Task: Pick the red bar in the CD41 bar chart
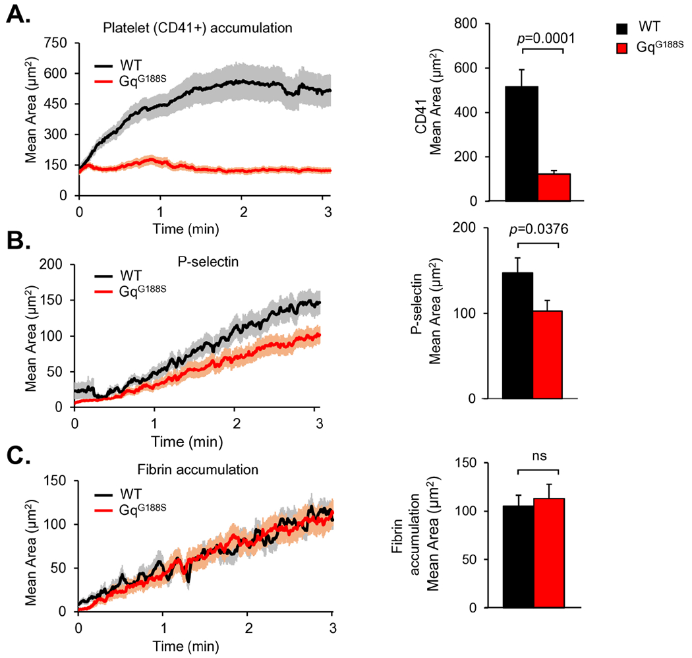point(554,187)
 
